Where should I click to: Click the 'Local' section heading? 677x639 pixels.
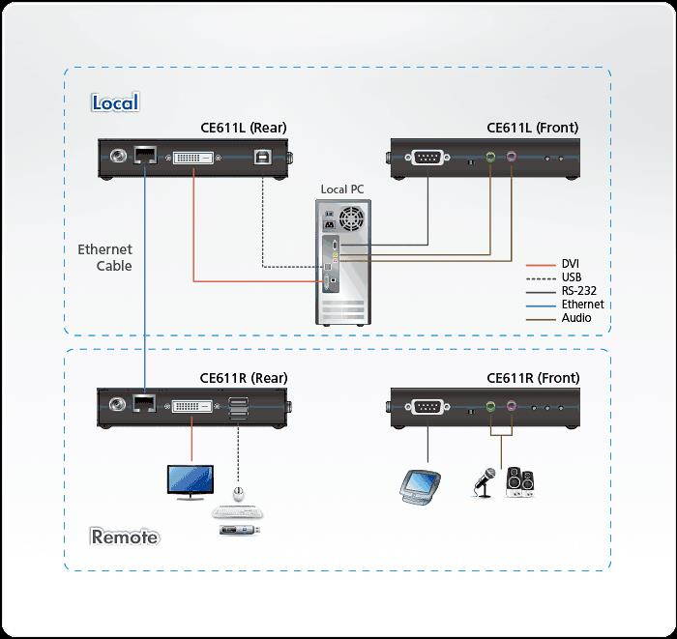pos(115,102)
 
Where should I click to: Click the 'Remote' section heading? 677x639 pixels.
pos(125,537)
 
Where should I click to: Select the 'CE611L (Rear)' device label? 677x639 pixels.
pos(244,128)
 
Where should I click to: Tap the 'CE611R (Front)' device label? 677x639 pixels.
pos(532,378)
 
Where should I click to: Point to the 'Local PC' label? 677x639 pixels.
pos(344,189)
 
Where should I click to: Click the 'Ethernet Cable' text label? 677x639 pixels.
pos(104,257)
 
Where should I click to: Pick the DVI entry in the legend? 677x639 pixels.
pos(571,263)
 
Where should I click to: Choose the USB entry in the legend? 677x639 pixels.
pos(571,277)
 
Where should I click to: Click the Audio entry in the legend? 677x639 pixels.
pos(575,318)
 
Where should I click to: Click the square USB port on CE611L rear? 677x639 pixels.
pos(262,157)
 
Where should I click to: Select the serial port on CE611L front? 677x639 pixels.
pos(427,157)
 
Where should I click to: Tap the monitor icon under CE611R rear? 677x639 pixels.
pos(191,481)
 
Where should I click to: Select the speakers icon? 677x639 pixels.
pos(519,481)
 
